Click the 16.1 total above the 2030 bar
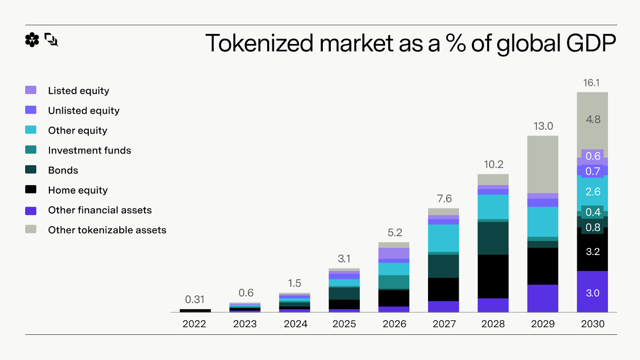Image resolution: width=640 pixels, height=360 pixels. (591, 83)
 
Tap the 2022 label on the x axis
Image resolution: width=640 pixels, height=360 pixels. (194, 324)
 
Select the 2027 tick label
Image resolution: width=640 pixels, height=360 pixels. (444, 324)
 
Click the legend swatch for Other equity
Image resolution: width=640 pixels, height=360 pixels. (31, 130)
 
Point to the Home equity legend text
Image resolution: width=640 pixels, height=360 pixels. (78, 190)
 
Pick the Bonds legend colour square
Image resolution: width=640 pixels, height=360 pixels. (31, 170)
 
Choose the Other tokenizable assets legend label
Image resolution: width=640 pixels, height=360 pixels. (107, 230)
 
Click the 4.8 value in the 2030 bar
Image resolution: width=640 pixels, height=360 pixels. (593, 120)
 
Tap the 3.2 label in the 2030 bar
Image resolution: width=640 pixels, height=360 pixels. (593, 252)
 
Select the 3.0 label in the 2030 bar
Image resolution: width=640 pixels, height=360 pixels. (593, 293)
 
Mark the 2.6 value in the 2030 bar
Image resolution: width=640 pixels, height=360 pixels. (593, 192)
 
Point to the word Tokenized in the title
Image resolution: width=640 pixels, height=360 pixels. (259, 43)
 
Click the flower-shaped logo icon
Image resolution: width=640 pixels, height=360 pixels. (32, 40)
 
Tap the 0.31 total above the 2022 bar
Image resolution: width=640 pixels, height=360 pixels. (195, 300)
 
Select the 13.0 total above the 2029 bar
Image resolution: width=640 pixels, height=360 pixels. (543, 126)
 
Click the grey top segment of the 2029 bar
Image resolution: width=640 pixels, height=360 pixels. (543, 164)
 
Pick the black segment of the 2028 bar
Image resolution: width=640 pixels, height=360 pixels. (493, 276)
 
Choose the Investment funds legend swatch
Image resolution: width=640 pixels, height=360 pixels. (31, 150)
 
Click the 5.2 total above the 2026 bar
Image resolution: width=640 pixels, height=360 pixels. (395, 233)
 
